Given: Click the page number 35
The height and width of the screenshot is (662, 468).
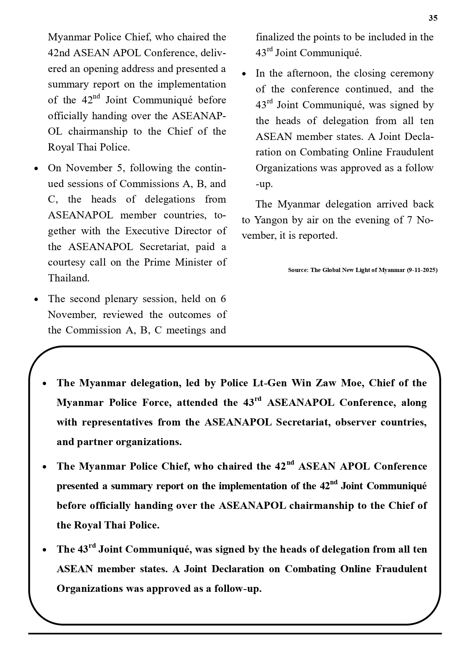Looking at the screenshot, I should [x=433, y=18].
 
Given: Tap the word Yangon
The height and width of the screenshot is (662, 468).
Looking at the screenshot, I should [x=271, y=220].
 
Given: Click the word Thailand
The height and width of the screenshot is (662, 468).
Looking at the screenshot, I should [x=69, y=278].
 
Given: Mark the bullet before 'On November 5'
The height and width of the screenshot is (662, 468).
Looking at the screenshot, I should [x=36, y=169].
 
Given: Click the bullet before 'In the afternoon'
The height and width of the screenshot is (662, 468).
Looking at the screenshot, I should [x=244, y=74].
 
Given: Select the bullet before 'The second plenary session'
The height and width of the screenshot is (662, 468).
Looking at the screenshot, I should [x=36, y=300].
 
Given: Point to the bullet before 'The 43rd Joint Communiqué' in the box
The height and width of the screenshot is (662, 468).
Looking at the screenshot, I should [x=44, y=550].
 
